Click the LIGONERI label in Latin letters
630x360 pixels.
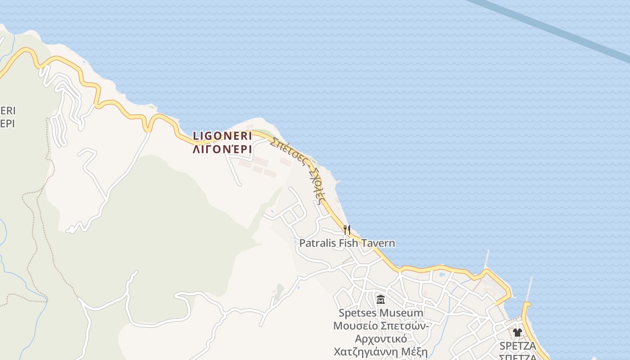click(x=222, y=136)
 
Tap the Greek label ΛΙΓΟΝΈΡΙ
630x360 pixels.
click(x=222, y=149)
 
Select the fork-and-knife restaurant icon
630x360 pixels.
click(x=347, y=230)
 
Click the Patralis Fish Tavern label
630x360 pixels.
click(x=347, y=243)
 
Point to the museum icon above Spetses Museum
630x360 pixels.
click(x=381, y=299)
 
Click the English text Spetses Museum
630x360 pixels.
click(x=381, y=313)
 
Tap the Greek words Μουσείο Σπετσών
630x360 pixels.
click(x=381, y=325)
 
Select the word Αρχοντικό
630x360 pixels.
click(x=381, y=338)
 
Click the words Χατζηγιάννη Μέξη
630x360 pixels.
click(x=381, y=351)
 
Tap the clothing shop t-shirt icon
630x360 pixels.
click(x=517, y=333)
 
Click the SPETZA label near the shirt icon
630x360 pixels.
click(x=517, y=346)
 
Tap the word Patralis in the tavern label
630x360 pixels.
click(x=316, y=243)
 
